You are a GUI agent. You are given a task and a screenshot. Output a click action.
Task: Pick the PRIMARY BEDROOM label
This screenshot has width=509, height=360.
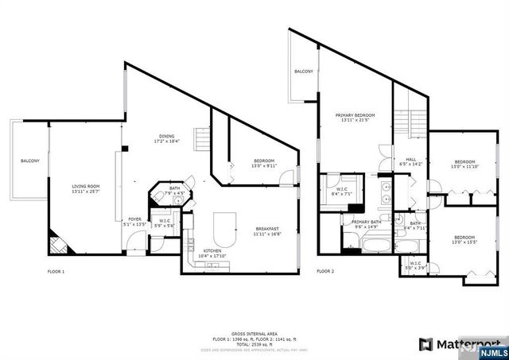point(355,115)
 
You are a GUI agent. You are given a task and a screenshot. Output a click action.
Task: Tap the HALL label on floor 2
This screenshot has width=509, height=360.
point(411,159)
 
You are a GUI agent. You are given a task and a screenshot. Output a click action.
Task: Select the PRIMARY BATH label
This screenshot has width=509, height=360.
point(367,222)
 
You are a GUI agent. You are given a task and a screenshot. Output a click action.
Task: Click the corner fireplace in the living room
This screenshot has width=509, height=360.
point(56,241)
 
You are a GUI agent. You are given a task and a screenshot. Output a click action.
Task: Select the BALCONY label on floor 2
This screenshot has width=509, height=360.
point(303,72)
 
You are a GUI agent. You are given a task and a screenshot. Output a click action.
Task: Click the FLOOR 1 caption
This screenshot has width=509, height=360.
point(56,272)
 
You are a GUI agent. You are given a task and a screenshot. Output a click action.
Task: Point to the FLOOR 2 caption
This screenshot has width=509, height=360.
point(325,271)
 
